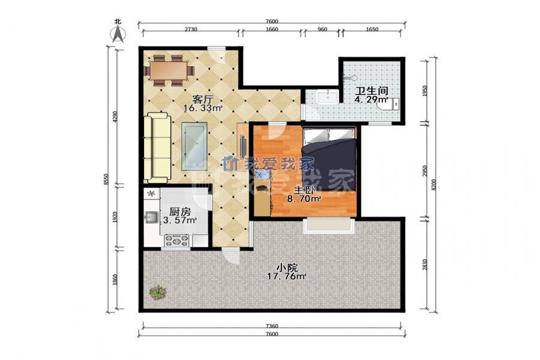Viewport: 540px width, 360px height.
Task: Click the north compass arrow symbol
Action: coord(118,34)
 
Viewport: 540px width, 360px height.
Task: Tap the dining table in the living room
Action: coord(169,71)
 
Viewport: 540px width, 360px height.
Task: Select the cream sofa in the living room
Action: coord(157,148)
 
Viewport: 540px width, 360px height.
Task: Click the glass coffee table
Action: coord(194,146)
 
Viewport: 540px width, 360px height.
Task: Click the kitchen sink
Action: coord(151,217)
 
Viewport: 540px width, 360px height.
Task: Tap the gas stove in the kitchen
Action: coord(178,241)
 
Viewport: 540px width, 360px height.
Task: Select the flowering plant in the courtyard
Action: coord(158,292)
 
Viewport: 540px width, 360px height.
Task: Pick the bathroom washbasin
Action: coord(328,96)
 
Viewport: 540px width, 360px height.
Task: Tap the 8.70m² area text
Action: coord(304,199)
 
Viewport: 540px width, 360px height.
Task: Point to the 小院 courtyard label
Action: coord(287,268)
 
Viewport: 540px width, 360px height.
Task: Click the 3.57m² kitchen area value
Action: coord(180,220)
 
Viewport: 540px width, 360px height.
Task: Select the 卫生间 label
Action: coord(372,91)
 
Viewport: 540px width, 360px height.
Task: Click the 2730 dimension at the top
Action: coord(191,29)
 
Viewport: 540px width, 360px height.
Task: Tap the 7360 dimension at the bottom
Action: coord(272,326)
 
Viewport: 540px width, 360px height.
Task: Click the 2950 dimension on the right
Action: coord(425,171)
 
